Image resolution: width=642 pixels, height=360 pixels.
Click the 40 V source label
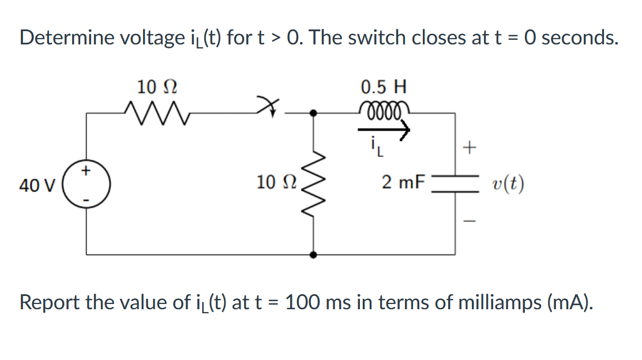point(37,186)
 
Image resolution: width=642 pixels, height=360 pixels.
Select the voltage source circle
point(87,185)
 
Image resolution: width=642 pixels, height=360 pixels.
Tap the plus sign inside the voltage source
point(87,171)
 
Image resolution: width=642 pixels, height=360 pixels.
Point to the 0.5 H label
point(384,88)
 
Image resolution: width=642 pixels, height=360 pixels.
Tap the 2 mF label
point(403,183)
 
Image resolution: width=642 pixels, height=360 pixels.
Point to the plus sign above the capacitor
point(470,149)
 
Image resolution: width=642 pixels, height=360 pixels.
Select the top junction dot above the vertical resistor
point(313,114)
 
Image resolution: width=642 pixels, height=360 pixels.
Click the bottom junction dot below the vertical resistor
point(313,254)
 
